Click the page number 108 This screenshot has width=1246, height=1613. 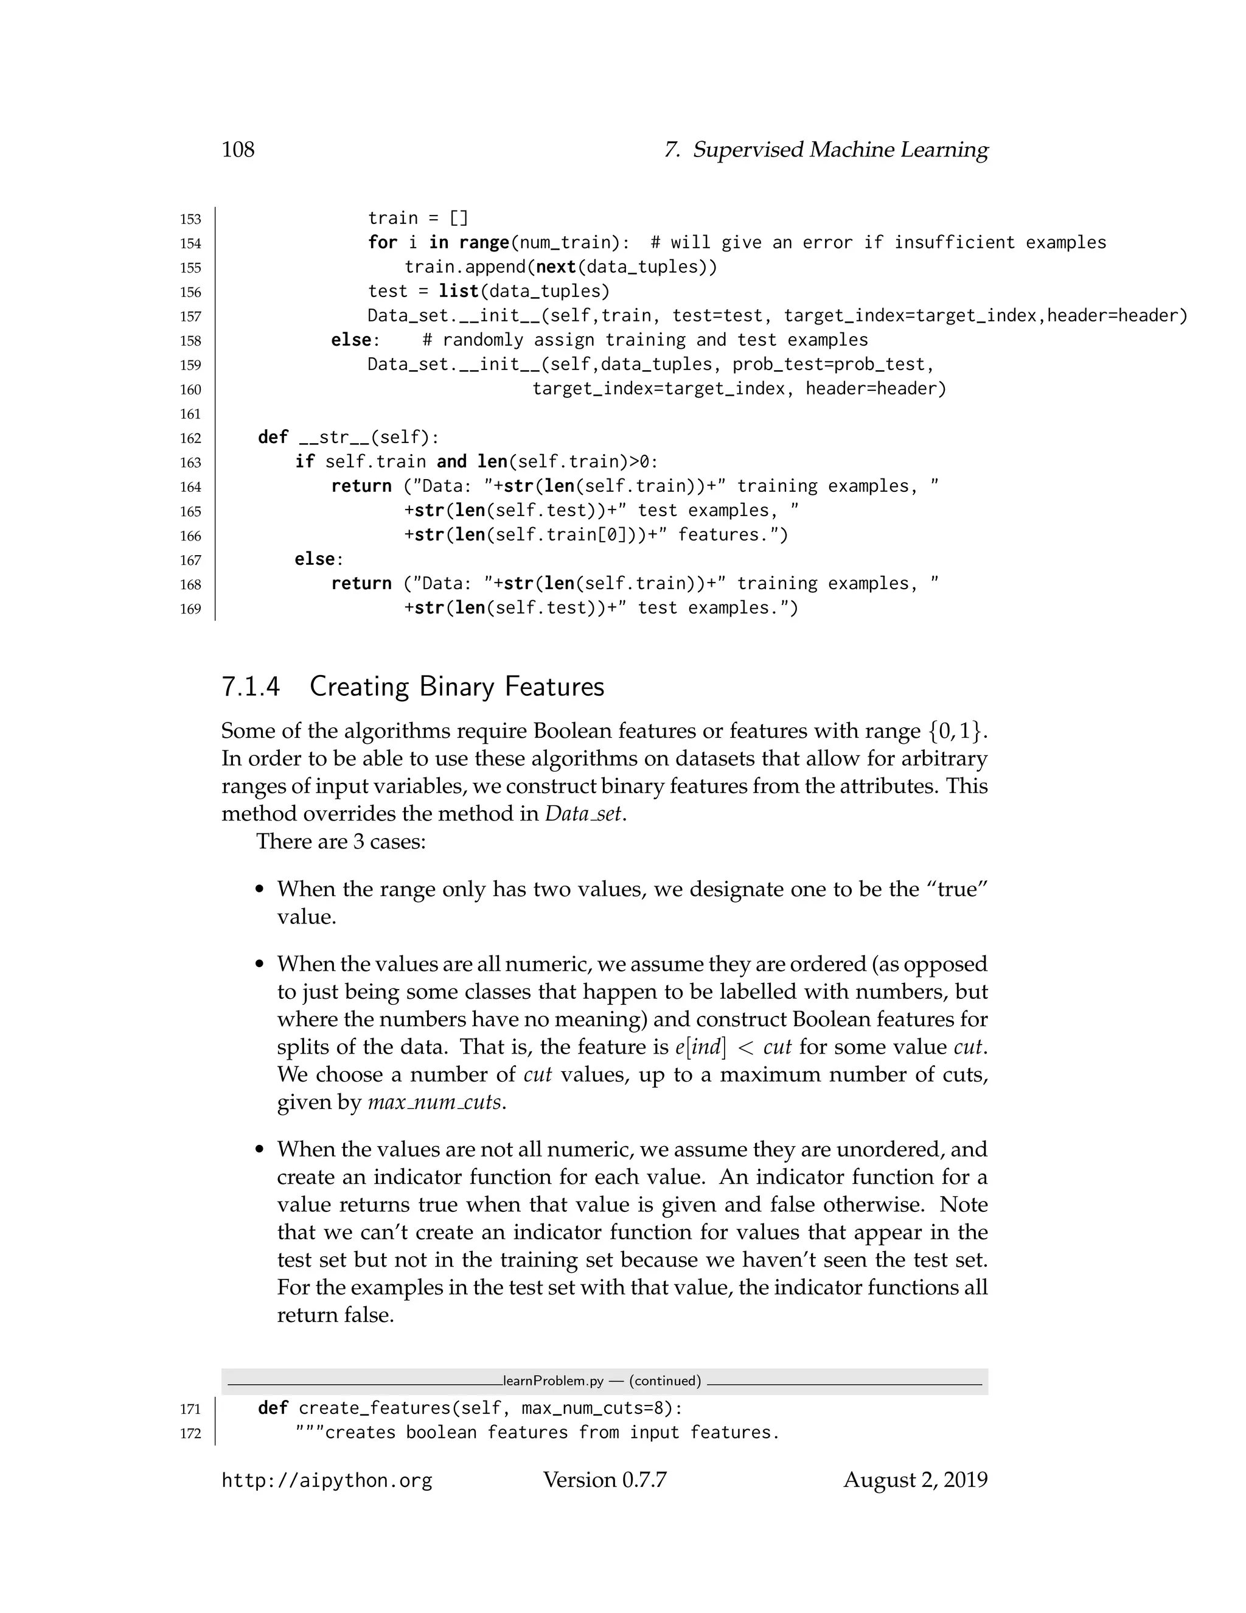pos(238,150)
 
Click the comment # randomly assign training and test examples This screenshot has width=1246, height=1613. pos(644,340)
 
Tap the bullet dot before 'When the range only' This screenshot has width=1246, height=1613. pos(259,890)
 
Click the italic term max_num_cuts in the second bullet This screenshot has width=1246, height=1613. pos(436,1103)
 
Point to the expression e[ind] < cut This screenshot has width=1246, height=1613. pos(733,1048)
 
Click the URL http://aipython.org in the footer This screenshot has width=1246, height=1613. pos(326,1481)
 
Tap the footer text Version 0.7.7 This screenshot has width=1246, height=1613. pos(605,1480)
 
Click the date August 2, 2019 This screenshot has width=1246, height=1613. pos(915,1480)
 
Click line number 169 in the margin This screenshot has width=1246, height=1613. pos(190,609)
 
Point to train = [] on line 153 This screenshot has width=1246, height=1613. pos(418,219)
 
